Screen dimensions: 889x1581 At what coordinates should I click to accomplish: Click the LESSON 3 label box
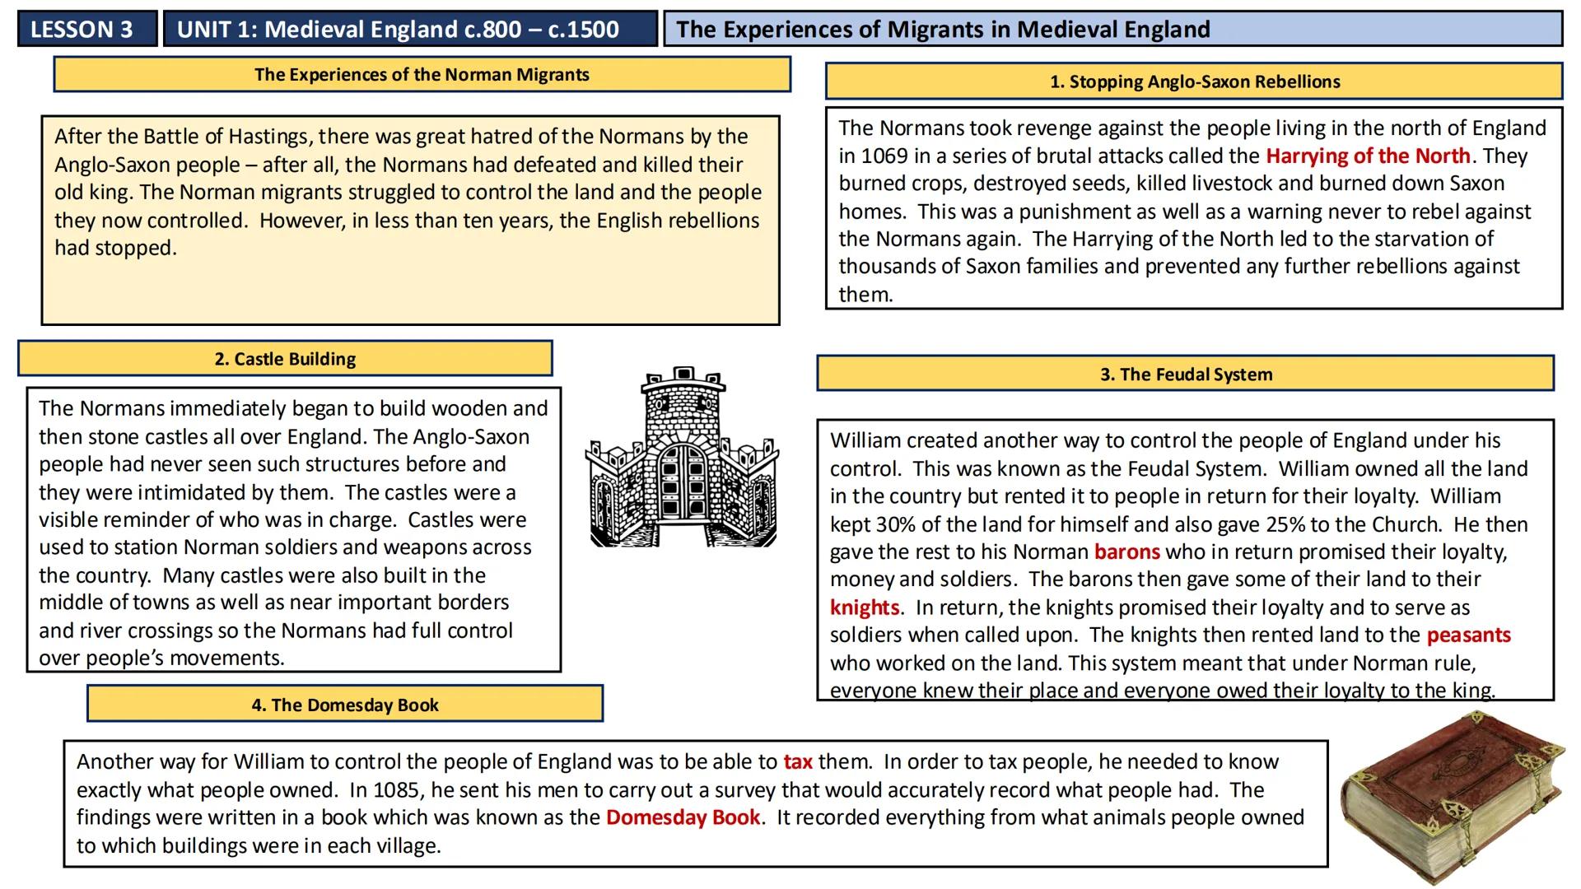coord(82,30)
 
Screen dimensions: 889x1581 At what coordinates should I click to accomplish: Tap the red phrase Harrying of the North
coord(1367,156)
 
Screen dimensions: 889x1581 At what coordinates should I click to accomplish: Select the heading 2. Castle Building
coord(285,359)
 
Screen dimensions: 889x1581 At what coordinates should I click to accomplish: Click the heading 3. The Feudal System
coord(1186,375)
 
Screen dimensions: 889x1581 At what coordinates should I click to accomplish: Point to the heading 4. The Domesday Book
coord(345,705)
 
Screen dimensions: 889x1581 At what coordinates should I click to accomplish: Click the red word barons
coord(1126,552)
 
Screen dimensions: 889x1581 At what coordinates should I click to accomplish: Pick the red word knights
coord(864,607)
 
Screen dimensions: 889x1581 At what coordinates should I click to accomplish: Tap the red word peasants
coord(1468,635)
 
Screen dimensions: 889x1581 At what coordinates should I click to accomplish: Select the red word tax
coord(797,761)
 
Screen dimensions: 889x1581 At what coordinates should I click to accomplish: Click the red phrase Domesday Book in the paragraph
coord(683,817)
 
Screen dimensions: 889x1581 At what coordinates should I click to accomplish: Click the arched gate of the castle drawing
coord(683,473)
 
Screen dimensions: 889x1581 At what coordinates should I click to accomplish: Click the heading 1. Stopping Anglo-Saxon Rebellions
coord(1194,81)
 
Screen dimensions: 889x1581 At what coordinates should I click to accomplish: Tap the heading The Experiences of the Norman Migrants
coord(422,74)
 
